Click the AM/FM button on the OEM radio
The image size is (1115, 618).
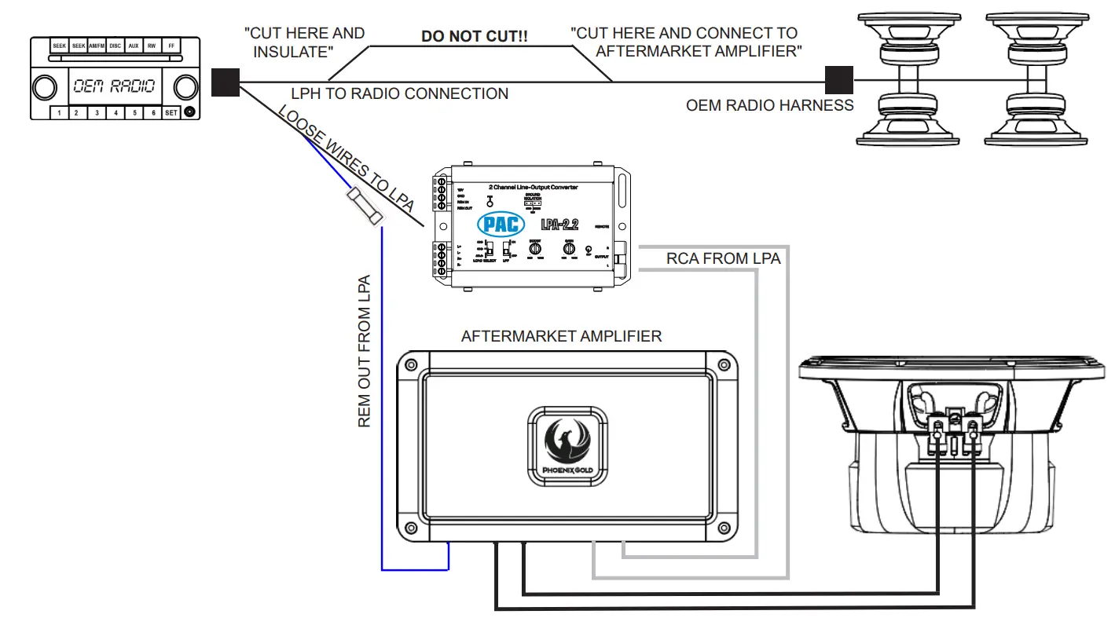pyautogui.click(x=97, y=46)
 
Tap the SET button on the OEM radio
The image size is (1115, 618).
pyautogui.click(x=171, y=112)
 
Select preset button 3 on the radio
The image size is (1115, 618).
pyautogui.click(x=96, y=112)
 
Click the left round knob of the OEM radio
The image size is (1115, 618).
pyautogui.click(x=46, y=86)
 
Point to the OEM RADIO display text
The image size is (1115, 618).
pyautogui.click(x=114, y=86)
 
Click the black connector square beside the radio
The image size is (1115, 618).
pyautogui.click(x=226, y=82)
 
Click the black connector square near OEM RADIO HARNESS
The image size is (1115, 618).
pyautogui.click(x=839, y=81)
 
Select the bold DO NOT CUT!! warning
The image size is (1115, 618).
pyautogui.click(x=462, y=36)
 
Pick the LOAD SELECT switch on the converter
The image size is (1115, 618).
pyautogui.click(x=487, y=251)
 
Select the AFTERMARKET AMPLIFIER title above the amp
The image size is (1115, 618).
pyautogui.click(x=561, y=336)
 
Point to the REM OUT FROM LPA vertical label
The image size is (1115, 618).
pyautogui.click(x=365, y=351)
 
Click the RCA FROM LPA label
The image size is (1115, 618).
pyautogui.click(x=723, y=258)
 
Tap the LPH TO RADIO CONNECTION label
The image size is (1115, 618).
pyautogui.click(x=399, y=94)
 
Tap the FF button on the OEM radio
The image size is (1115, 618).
pyautogui.click(x=171, y=46)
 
